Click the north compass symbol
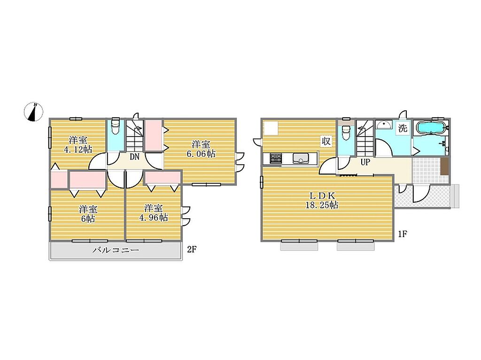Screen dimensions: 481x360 33,112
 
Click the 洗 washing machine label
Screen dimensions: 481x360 403,128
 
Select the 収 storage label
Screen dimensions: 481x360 326,141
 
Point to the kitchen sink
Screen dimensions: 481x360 301,158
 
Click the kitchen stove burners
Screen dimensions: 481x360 275,159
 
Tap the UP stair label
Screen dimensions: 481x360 365,162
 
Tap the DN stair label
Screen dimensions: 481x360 134,157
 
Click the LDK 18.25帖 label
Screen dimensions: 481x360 322,200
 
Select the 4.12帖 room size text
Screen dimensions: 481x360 78,150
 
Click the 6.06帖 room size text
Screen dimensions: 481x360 201,153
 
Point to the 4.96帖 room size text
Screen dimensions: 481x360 154,218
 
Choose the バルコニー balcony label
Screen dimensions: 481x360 116,250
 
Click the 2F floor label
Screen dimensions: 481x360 192,250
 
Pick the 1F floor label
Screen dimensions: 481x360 403,234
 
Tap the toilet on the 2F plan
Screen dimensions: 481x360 116,126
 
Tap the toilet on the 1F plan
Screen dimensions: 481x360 346,132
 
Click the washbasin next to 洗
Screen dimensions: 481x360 384,125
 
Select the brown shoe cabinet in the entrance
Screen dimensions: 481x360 445,167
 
